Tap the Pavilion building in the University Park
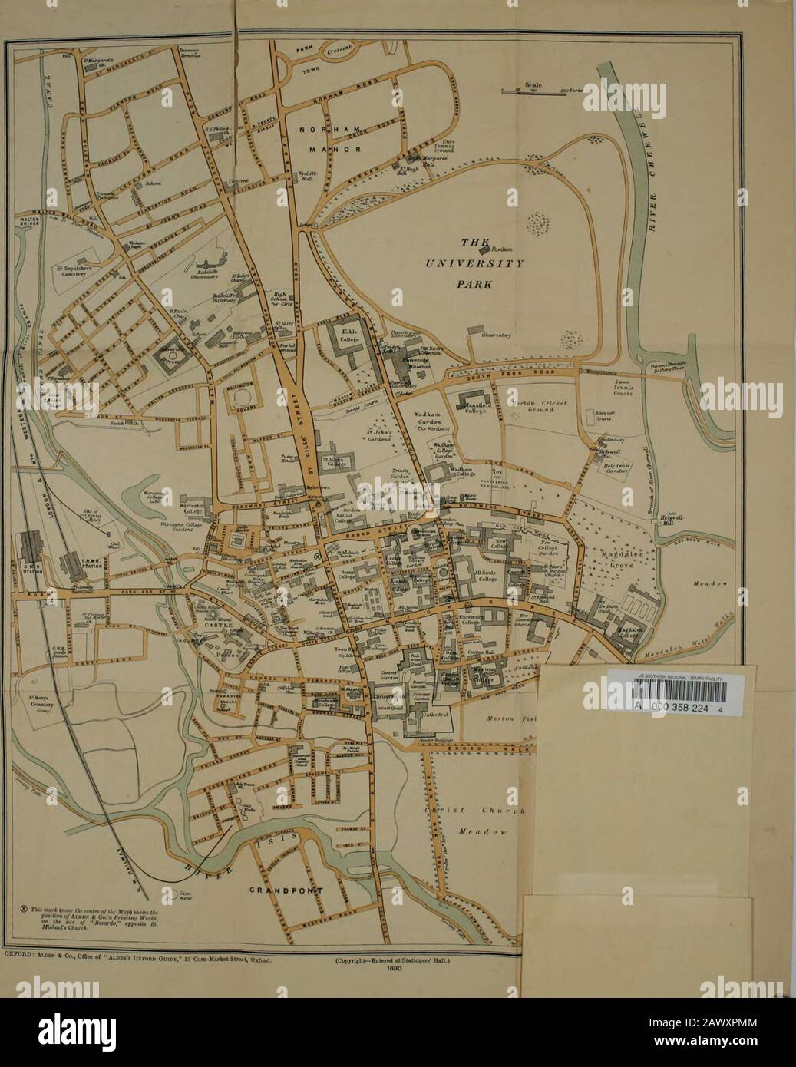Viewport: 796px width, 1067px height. point(483,247)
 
